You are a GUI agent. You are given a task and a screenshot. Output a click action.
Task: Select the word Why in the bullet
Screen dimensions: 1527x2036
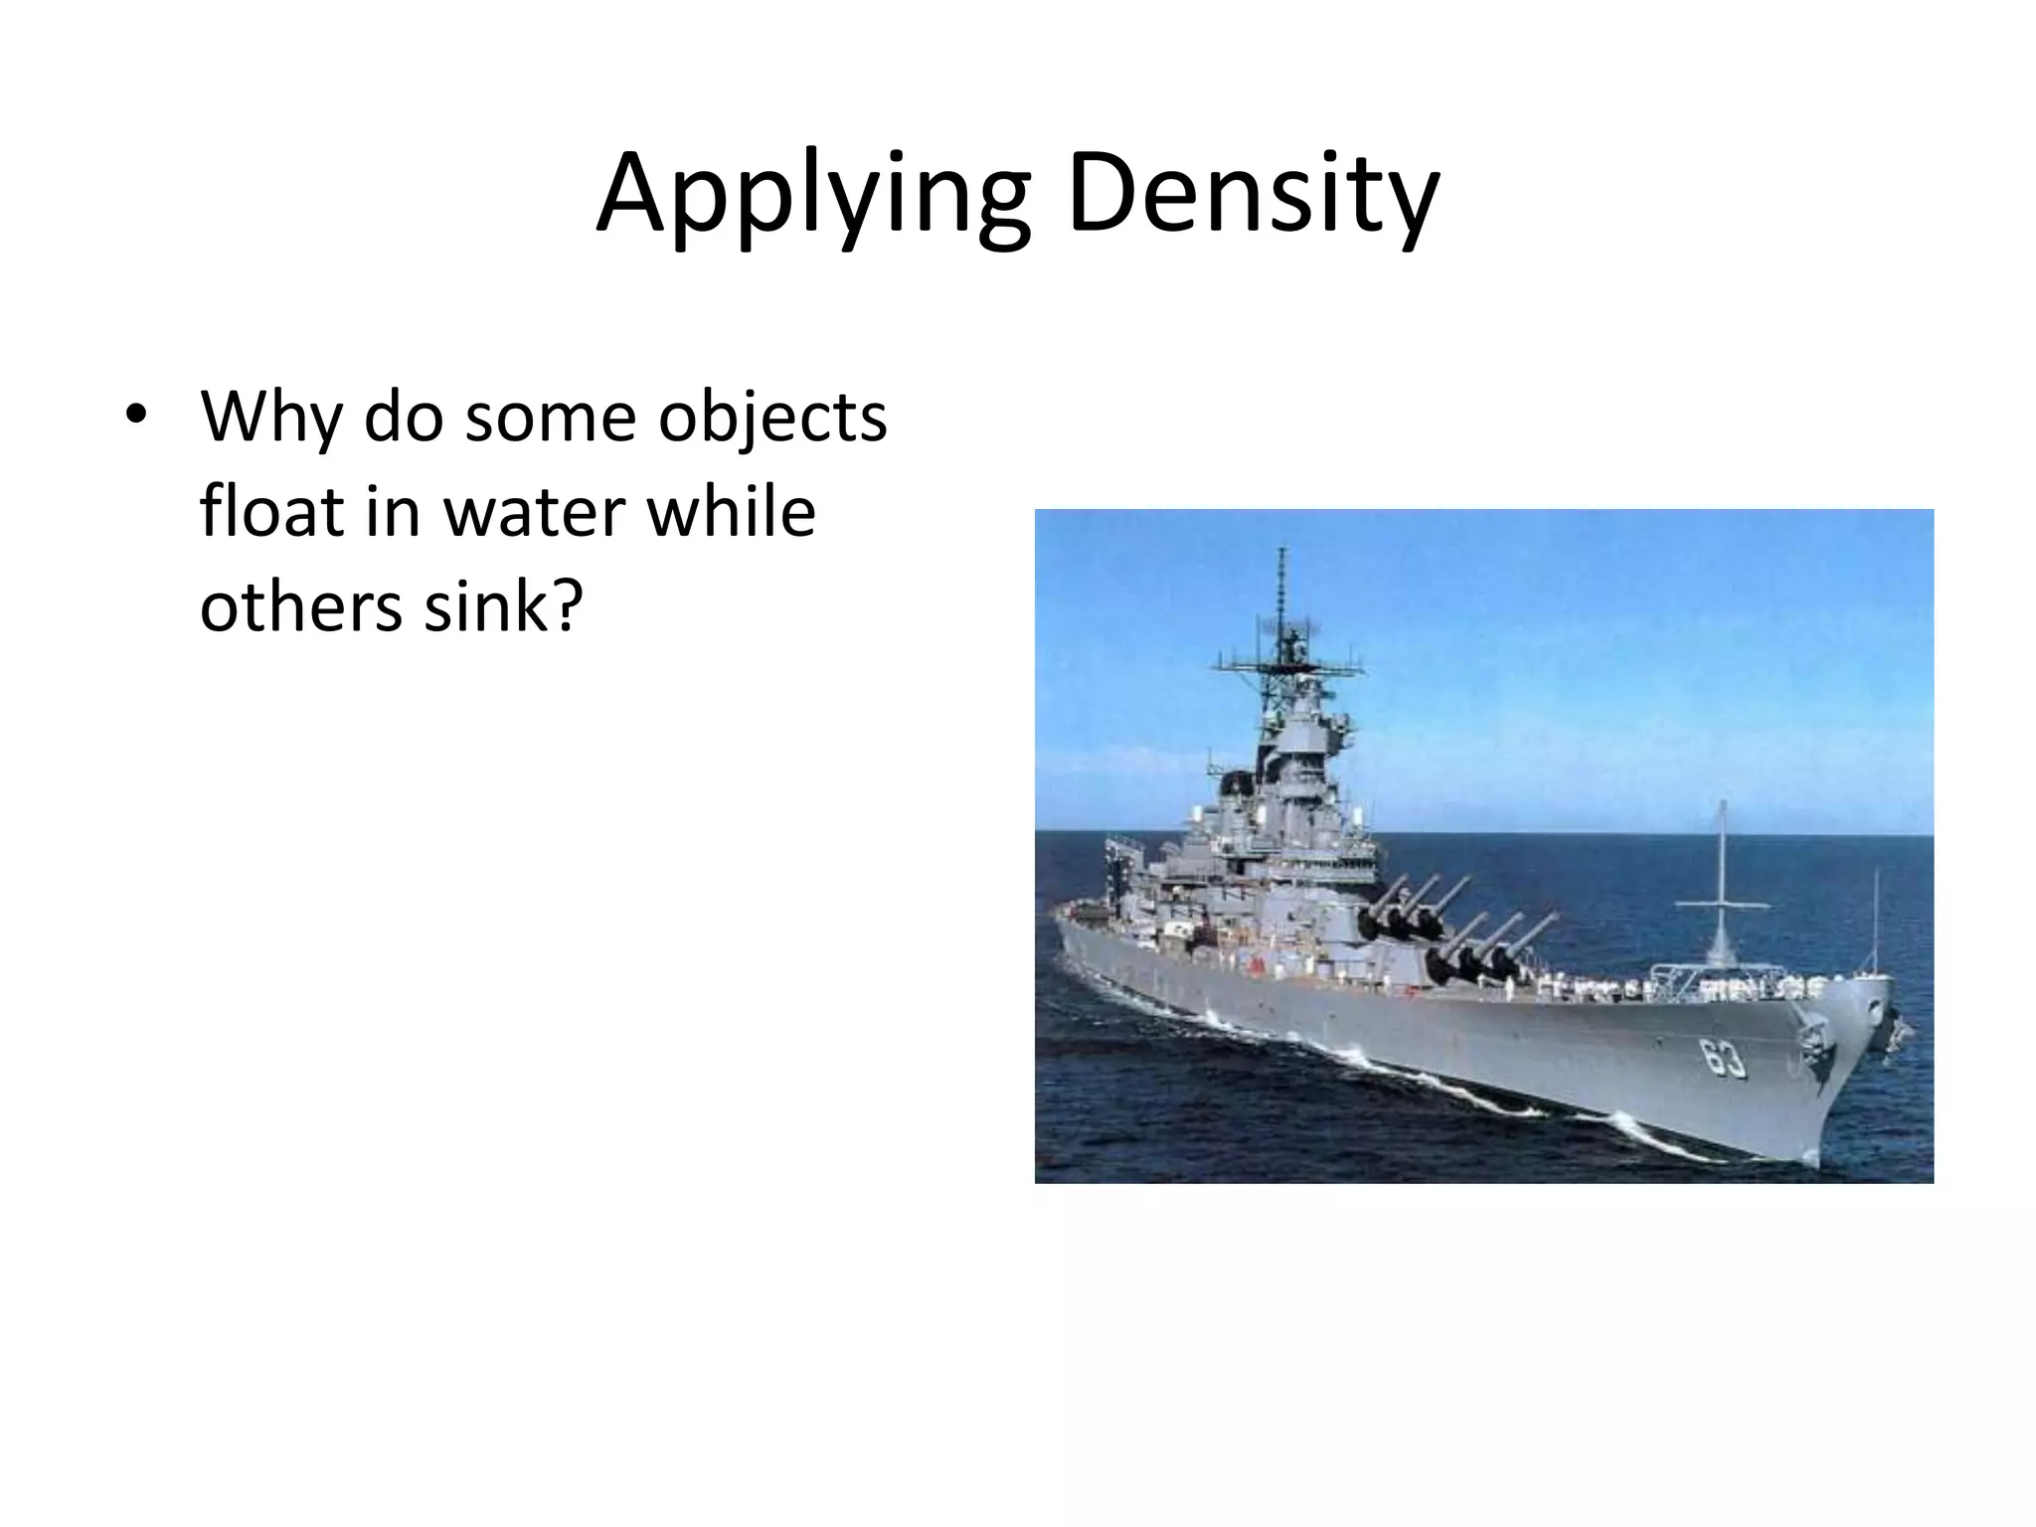click(270, 418)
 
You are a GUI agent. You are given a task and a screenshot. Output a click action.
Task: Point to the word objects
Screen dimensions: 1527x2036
click(772, 418)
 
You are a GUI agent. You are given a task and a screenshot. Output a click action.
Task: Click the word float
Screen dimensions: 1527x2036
click(261, 512)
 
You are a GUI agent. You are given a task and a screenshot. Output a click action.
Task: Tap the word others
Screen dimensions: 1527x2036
click(302, 606)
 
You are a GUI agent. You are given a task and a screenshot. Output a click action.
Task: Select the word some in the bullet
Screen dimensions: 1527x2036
click(550, 418)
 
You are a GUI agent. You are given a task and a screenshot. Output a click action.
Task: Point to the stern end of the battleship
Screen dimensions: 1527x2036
click(1062, 920)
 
